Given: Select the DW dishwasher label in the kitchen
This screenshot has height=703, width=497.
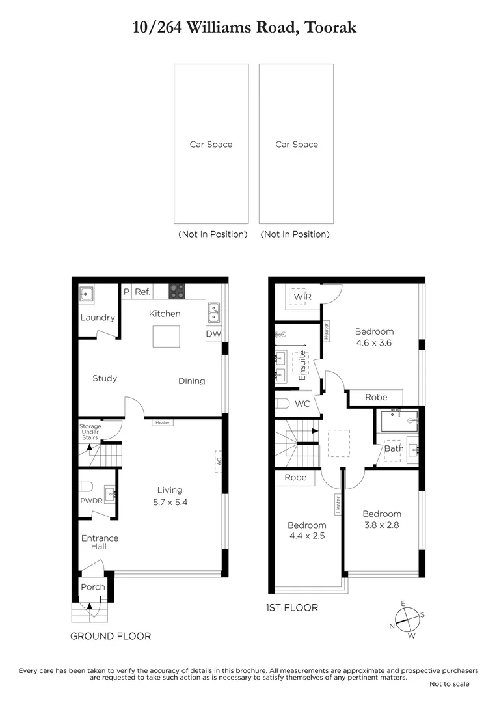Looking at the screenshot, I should click(x=213, y=334).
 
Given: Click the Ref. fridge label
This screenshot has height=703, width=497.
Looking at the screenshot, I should click(x=142, y=292).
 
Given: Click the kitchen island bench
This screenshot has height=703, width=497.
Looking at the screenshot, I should click(x=165, y=337).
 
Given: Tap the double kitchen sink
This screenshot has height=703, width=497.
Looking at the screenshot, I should click(x=213, y=313).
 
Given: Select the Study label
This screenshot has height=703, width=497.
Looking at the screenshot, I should click(x=105, y=378).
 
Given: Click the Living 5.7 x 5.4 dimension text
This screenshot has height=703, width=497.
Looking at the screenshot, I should click(x=169, y=502).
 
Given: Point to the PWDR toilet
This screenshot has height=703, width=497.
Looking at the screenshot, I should click(x=86, y=487).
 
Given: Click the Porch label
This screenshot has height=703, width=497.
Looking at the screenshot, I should click(x=92, y=587).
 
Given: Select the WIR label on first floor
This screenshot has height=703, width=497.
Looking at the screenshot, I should click(x=302, y=297).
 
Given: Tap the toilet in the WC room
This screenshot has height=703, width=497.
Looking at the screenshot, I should click(x=282, y=404).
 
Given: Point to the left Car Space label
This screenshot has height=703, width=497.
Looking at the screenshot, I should click(x=211, y=145).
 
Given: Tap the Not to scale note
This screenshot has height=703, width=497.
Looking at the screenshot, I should click(x=449, y=684).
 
